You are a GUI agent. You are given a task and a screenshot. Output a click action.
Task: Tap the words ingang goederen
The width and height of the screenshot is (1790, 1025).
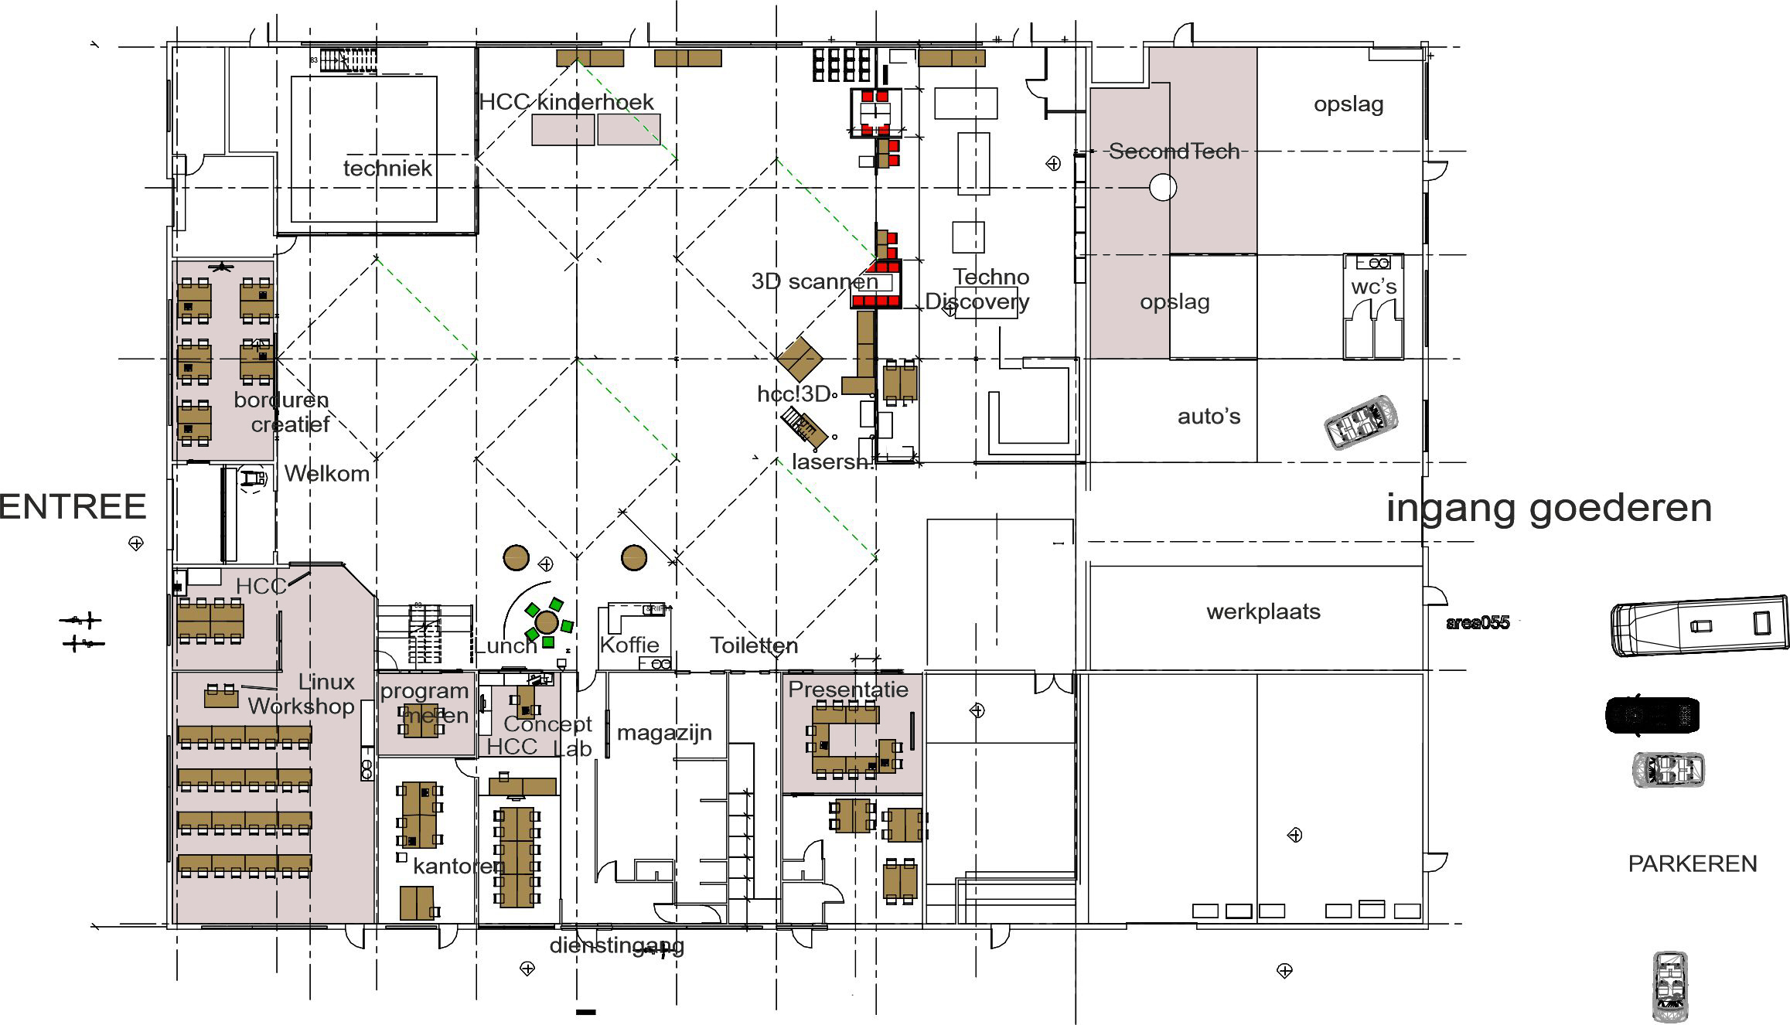(x=1549, y=509)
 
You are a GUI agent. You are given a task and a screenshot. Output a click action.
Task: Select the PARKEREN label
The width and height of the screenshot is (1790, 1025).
(x=1692, y=863)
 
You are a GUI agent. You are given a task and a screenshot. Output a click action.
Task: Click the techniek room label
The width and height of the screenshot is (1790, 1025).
(x=387, y=169)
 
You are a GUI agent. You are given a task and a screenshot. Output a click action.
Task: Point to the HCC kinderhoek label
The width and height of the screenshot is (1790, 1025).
(x=566, y=102)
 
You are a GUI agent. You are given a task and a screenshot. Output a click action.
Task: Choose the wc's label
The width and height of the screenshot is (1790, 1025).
(x=1373, y=287)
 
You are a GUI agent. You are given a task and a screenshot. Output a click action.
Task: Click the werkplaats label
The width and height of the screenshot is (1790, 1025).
(x=1263, y=611)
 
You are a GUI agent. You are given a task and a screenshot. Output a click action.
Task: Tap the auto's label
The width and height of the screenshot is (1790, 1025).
(x=1209, y=417)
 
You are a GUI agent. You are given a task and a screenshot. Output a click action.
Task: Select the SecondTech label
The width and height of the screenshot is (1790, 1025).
(x=1174, y=152)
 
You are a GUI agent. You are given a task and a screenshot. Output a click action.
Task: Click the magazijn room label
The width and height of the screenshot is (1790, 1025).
(x=664, y=732)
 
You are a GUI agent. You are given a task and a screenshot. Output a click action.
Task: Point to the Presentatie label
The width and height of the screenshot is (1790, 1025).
(x=848, y=689)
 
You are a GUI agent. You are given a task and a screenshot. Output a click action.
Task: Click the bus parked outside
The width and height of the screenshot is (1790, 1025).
(x=1700, y=626)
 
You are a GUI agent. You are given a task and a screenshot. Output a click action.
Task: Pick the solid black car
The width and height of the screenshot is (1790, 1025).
(x=1652, y=715)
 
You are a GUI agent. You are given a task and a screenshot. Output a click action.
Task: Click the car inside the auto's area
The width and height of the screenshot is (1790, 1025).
(x=1361, y=422)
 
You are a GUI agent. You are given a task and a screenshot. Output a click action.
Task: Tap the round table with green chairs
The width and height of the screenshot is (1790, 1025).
(x=547, y=621)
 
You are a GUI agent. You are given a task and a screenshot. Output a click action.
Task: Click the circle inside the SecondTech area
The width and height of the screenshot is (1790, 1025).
(x=1163, y=187)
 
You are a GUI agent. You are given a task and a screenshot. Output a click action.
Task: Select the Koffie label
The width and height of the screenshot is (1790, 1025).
(x=629, y=645)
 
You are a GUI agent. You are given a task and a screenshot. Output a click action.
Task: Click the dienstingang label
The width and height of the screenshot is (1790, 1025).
(x=616, y=945)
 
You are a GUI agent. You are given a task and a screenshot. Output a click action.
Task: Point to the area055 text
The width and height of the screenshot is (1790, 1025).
(x=1477, y=623)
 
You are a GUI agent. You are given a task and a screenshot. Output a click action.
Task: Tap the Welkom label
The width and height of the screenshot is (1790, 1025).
(x=327, y=474)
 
